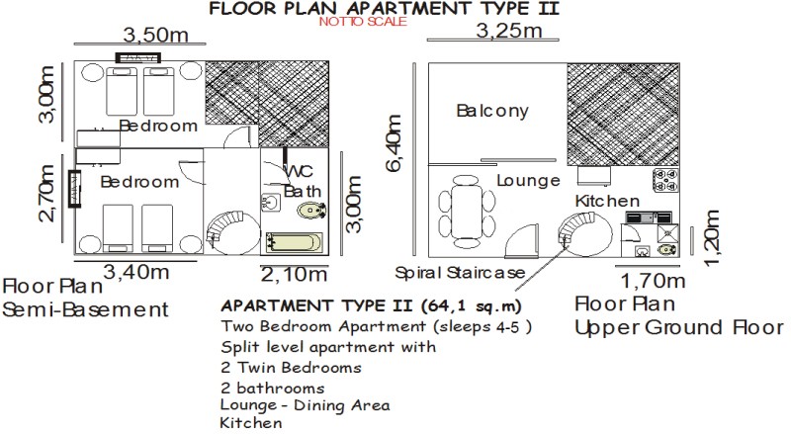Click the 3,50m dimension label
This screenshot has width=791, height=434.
tap(156, 35)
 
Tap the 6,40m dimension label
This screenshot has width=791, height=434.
tap(395, 143)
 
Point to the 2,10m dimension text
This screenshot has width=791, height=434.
tap(294, 275)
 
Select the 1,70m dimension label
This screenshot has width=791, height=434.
tap(653, 281)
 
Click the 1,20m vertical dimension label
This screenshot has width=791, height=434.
tap(711, 237)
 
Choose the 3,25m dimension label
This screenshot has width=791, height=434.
tap(509, 31)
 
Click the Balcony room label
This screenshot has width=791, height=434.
tap(492, 111)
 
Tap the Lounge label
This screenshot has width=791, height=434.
tap(528, 180)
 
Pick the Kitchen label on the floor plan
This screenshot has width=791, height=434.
tap(607, 201)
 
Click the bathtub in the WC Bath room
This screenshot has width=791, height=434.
tap(294, 242)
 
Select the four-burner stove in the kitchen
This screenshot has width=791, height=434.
tap(665, 181)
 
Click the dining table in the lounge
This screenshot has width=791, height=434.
tap(467, 211)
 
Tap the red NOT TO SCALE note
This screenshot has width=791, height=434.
tap(363, 21)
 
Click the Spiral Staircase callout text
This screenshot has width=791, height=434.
tap(460, 273)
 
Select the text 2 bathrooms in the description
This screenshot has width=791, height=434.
tap(273, 389)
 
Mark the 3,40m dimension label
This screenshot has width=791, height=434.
tap(136, 272)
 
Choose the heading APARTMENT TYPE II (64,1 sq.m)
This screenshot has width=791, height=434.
tap(372, 305)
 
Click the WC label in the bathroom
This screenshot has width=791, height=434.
tap(299, 171)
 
